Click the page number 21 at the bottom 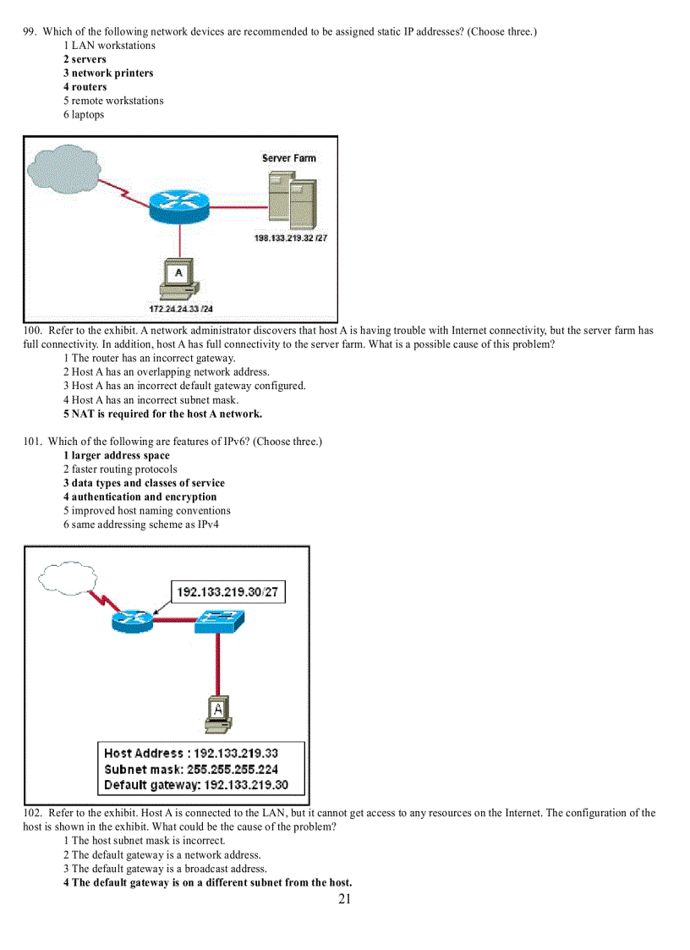[x=344, y=898]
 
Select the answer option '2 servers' [x=85, y=59]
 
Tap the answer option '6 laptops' [x=84, y=114]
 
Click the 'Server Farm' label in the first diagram [x=288, y=158]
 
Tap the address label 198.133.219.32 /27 [x=291, y=239]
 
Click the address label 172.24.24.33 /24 [x=181, y=309]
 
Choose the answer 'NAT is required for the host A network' [x=162, y=414]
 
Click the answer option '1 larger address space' [x=116, y=455]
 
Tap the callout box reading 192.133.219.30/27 [x=227, y=592]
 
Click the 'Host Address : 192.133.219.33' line [x=191, y=753]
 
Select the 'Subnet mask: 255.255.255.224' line [x=191, y=769]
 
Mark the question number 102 [x=32, y=813]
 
